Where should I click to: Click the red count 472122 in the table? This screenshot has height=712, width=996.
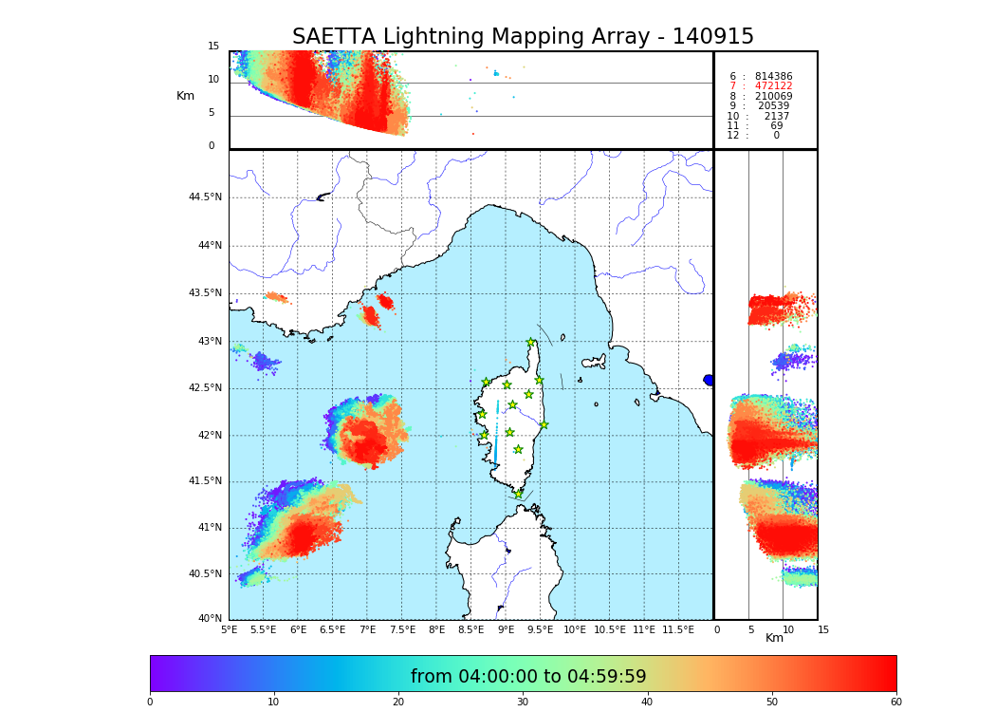click(x=773, y=86)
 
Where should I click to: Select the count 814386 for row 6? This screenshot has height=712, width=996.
click(x=773, y=77)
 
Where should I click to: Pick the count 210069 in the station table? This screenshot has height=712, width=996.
click(x=773, y=97)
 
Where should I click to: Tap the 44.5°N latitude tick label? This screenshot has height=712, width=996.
click(x=205, y=197)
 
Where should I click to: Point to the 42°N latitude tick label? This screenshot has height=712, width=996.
click(x=208, y=436)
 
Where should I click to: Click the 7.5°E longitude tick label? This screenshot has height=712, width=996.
click(x=402, y=630)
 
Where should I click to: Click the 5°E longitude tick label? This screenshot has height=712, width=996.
click(x=230, y=630)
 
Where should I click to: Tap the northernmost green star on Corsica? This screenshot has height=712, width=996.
click(x=531, y=343)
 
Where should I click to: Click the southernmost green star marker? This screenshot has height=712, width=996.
click(x=518, y=494)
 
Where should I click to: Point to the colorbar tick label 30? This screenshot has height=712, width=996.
click(x=523, y=703)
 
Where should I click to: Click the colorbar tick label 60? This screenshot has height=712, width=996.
click(x=895, y=703)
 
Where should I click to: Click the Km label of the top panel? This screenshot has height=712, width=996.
click(x=185, y=96)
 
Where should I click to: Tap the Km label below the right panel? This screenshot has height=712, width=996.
click(x=775, y=638)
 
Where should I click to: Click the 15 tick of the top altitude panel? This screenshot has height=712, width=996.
click(x=213, y=47)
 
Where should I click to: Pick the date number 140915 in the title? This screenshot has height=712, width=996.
click(x=712, y=37)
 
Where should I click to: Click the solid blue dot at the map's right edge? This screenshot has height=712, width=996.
click(x=709, y=380)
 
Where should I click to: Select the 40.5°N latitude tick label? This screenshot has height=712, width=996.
click(x=205, y=574)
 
